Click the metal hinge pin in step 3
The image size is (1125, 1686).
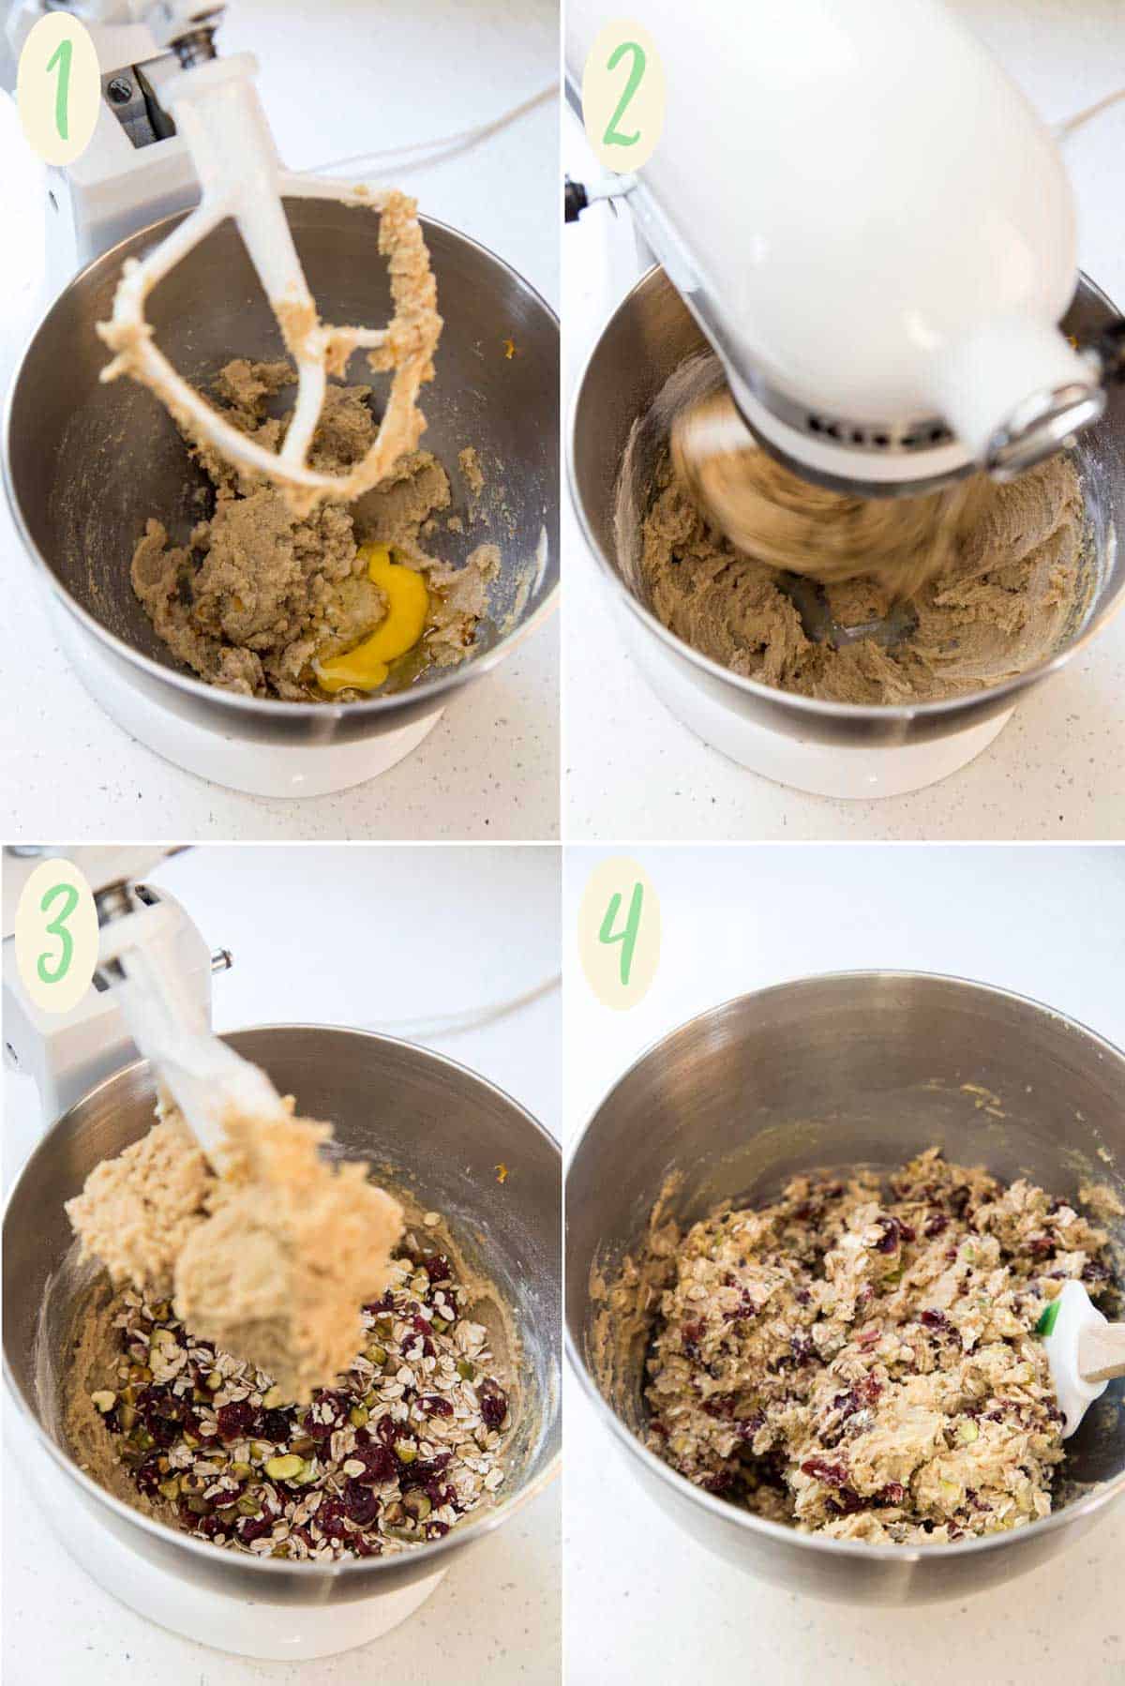tap(221, 958)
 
